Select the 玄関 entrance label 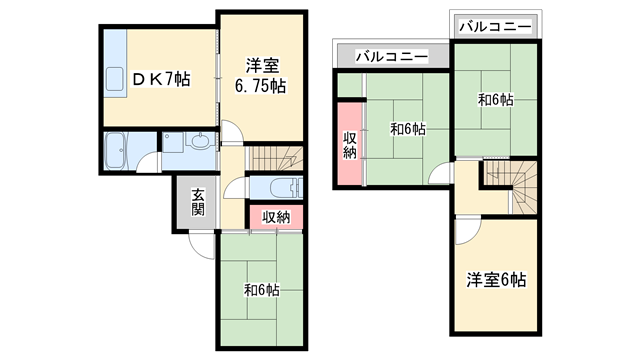click(x=198, y=203)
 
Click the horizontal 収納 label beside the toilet click(x=276, y=217)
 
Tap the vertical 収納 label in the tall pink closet click(x=349, y=145)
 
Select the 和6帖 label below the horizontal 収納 click(x=261, y=290)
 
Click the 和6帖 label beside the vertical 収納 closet click(x=407, y=128)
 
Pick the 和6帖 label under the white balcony click(x=495, y=100)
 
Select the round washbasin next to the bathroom click(x=200, y=143)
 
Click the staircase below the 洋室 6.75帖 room click(x=274, y=158)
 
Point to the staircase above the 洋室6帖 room click(x=511, y=185)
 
